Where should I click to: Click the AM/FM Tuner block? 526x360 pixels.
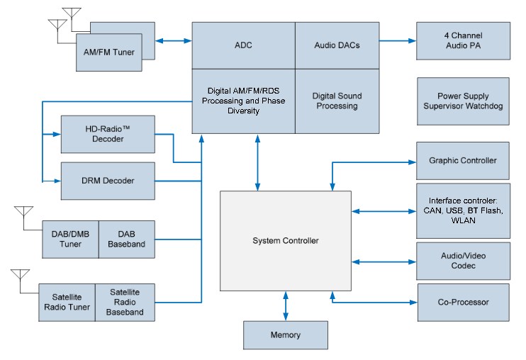click(108, 52)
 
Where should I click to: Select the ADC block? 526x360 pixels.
click(243, 45)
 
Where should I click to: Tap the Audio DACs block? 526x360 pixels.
click(337, 45)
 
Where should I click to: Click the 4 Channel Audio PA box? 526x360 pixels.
click(462, 40)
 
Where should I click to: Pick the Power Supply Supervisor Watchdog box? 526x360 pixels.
click(462, 101)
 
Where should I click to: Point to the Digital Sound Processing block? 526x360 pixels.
click(337, 101)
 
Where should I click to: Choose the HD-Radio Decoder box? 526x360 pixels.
click(108, 134)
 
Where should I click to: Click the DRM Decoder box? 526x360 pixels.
click(108, 181)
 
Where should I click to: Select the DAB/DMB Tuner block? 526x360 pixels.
click(70, 239)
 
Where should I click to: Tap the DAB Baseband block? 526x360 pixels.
click(126, 239)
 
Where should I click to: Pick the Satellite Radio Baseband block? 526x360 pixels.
click(126, 302)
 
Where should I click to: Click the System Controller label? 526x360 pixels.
click(286, 241)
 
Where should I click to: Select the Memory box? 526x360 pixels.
click(286, 335)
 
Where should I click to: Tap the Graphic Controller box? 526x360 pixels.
click(462, 160)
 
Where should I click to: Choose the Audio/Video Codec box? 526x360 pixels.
click(462, 260)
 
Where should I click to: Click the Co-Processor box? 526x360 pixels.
click(462, 302)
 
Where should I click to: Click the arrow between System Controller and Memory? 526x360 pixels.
click(286, 305)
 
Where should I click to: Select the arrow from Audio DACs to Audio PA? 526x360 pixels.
click(397, 41)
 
